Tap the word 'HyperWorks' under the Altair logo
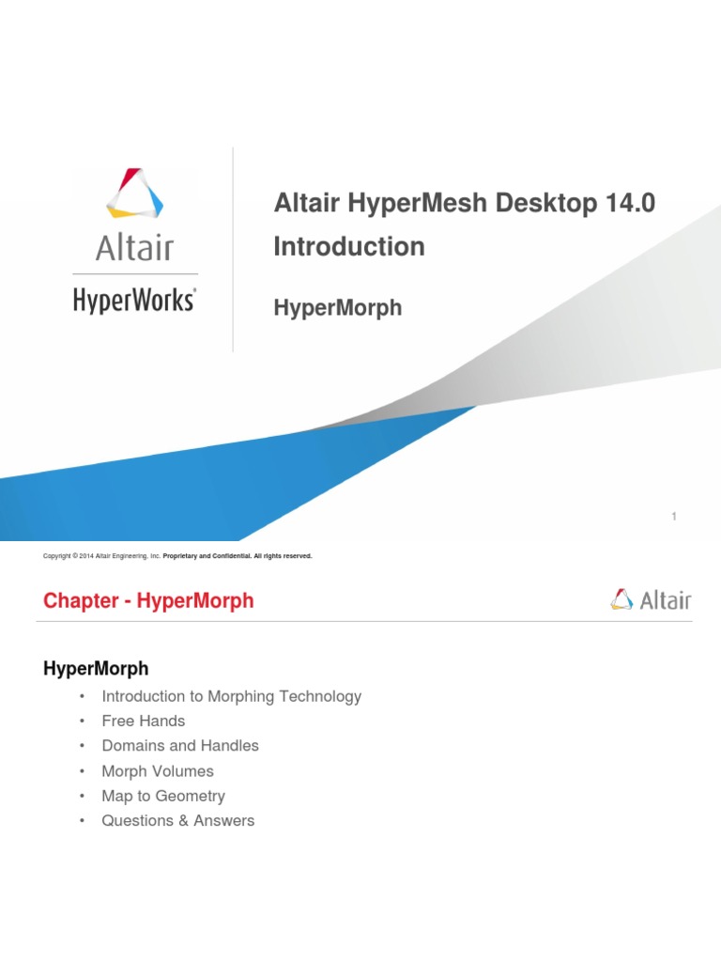pyautogui.click(x=134, y=300)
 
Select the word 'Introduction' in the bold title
pyautogui.click(x=349, y=247)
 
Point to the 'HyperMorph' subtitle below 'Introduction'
pyautogui.click(x=338, y=307)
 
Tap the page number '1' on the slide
pyautogui.click(x=674, y=516)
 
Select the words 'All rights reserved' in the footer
pyautogui.click(x=279, y=556)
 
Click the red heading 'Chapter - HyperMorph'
pyautogui.click(x=148, y=600)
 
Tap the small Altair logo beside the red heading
pyautogui.click(x=650, y=599)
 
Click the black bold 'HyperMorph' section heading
pyautogui.click(x=96, y=669)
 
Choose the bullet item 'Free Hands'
pyautogui.click(x=144, y=721)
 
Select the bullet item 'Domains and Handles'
pyautogui.click(x=180, y=746)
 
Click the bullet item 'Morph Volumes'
pyautogui.click(x=158, y=771)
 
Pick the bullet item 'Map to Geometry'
pyautogui.click(x=163, y=796)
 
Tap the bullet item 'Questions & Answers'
pyautogui.click(x=178, y=821)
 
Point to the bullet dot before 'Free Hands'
pyautogui.click(x=83, y=721)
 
